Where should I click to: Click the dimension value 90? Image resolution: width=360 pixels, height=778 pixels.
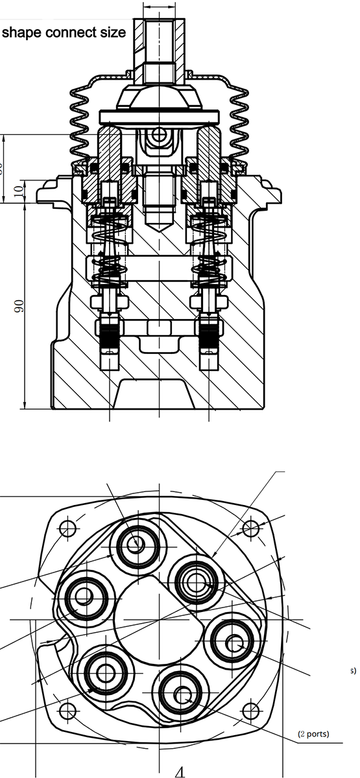point(19,306)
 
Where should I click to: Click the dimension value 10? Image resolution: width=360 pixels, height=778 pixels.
point(18,192)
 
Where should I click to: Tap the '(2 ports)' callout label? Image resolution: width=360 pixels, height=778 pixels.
point(313,734)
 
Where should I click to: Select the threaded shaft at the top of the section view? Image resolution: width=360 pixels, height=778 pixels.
point(159,39)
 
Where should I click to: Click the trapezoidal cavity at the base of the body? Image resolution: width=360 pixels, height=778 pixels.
point(159,394)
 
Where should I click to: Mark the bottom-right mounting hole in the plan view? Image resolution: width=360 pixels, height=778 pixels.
point(249,711)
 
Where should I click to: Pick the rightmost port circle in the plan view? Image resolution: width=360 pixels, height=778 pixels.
point(234,642)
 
